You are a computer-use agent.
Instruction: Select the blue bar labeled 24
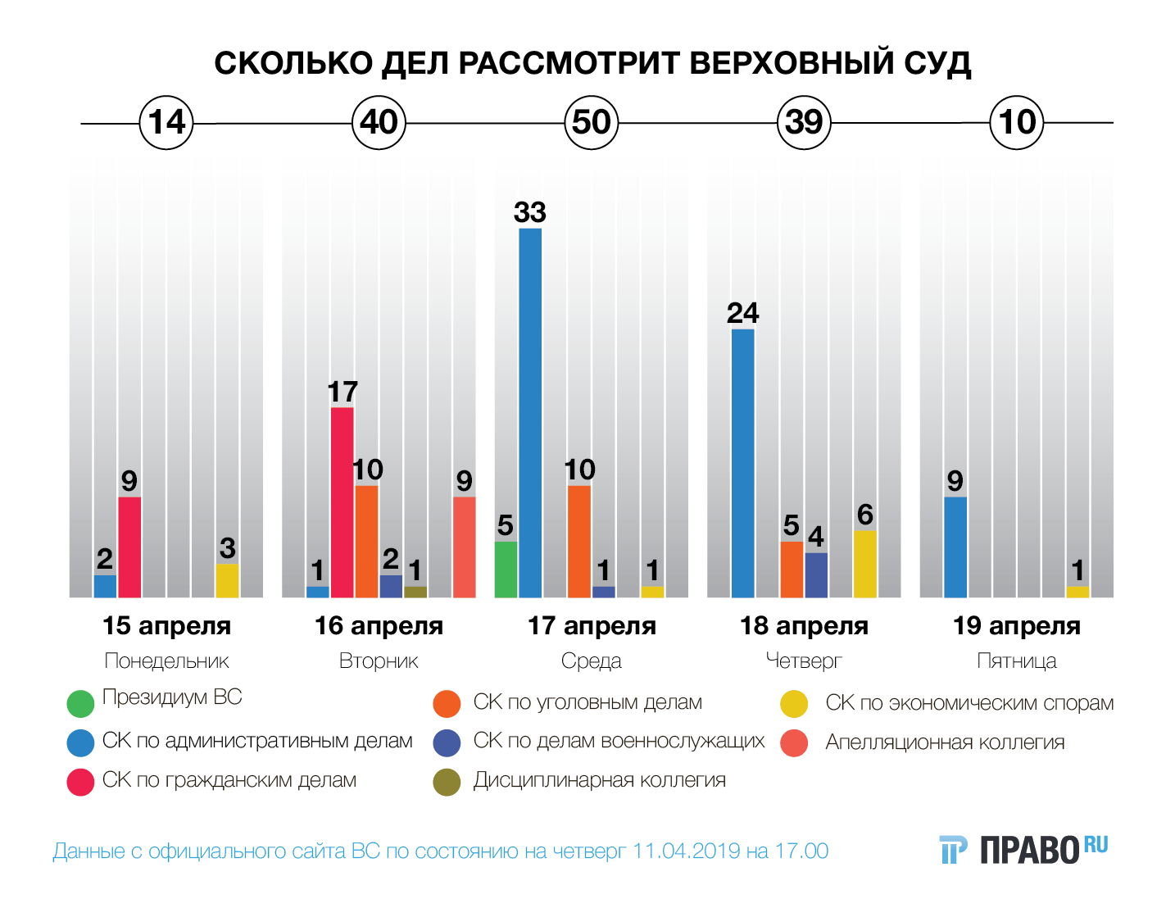click(x=742, y=463)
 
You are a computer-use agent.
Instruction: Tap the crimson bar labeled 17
click(x=343, y=502)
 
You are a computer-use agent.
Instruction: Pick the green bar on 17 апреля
click(x=506, y=569)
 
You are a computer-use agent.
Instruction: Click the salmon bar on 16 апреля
click(x=465, y=547)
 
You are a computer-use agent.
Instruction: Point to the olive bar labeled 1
click(x=415, y=592)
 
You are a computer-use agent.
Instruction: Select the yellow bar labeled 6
click(x=864, y=564)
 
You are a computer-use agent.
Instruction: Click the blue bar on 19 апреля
click(x=955, y=547)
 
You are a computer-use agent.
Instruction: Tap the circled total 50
click(x=591, y=123)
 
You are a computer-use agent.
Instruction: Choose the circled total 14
click(x=166, y=123)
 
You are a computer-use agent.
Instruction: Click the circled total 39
click(x=804, y=123)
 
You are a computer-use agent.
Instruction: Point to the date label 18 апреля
click(x=804, y=626)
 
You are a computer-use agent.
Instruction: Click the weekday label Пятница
click(x=1016, y=661)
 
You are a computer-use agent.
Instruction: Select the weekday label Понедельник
click(x=166, y=661)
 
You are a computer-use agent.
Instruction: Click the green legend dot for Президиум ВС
click(x=80, y=703)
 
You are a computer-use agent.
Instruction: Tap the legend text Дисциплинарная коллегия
click(x=599, y=780)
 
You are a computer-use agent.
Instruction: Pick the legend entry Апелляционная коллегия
click(x=944, y=742)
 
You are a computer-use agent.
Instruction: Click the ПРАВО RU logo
click(x=1023, y=850)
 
